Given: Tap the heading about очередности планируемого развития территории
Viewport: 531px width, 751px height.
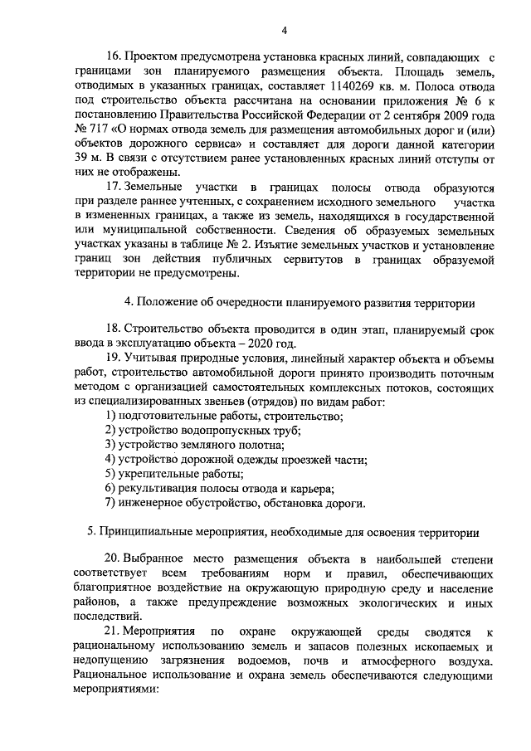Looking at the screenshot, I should [299, 302].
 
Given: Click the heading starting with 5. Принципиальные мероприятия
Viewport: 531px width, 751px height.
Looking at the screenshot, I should [283, 531].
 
